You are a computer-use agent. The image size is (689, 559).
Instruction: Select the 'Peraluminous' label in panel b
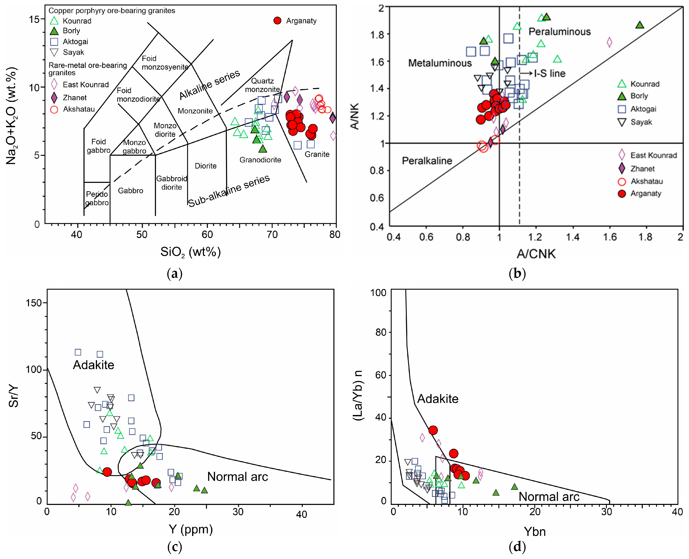[x=560, y=32]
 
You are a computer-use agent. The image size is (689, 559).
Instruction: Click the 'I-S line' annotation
[x=549, y=73]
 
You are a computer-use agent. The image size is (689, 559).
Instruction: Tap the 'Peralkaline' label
[x=427, y=161]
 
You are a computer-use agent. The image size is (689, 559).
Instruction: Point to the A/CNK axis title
[x=536, y=254]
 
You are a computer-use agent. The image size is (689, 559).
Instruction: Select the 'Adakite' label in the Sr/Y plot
[x=93, y=365]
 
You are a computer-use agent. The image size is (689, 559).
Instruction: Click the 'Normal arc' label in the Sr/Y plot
[x=237, y=477]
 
